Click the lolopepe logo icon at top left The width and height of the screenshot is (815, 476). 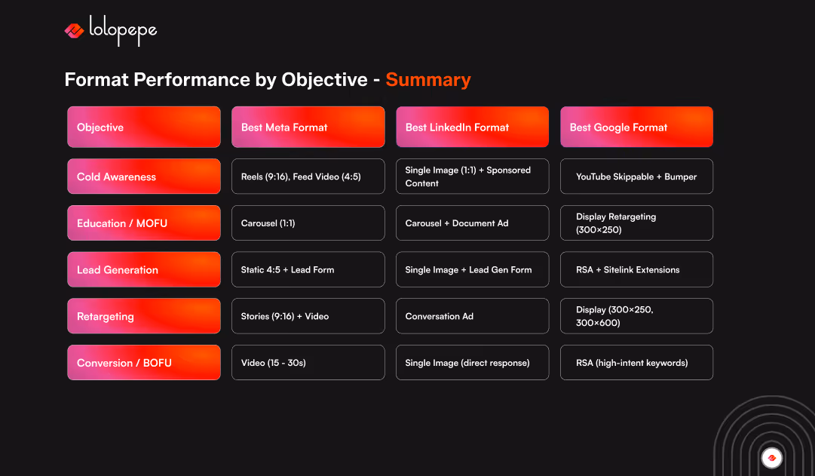pos(74,30)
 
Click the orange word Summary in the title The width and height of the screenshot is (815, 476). pos(427,80)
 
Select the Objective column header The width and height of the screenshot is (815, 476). pos(144,127)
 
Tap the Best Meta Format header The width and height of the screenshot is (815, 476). pos(308,127)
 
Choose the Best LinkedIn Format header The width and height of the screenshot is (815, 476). pos(472,127)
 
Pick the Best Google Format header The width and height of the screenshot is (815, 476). pos(636,127)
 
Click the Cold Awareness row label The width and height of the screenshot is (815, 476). pos(144,177)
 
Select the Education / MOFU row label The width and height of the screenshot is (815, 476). pos(144,223)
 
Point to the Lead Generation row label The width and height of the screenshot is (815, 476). pos(144,269)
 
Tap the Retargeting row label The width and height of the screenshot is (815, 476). pos(144,316)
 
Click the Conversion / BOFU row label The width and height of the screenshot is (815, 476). pos(144,363)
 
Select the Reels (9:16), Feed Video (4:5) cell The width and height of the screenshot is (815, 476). pos(308,177)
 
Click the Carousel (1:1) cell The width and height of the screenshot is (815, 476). pos(308,223)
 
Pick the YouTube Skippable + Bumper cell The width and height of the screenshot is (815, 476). pos(636,177)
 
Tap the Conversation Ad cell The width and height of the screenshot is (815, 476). pos(472,316)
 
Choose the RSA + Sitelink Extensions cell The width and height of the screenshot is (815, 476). pos(636,269)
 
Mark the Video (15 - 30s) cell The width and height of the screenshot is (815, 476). pos(308,363)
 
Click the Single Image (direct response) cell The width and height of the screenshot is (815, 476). pos(472,363)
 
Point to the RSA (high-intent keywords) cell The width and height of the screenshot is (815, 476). pos(636,363)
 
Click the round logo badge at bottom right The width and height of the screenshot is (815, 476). pos(771,457)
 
